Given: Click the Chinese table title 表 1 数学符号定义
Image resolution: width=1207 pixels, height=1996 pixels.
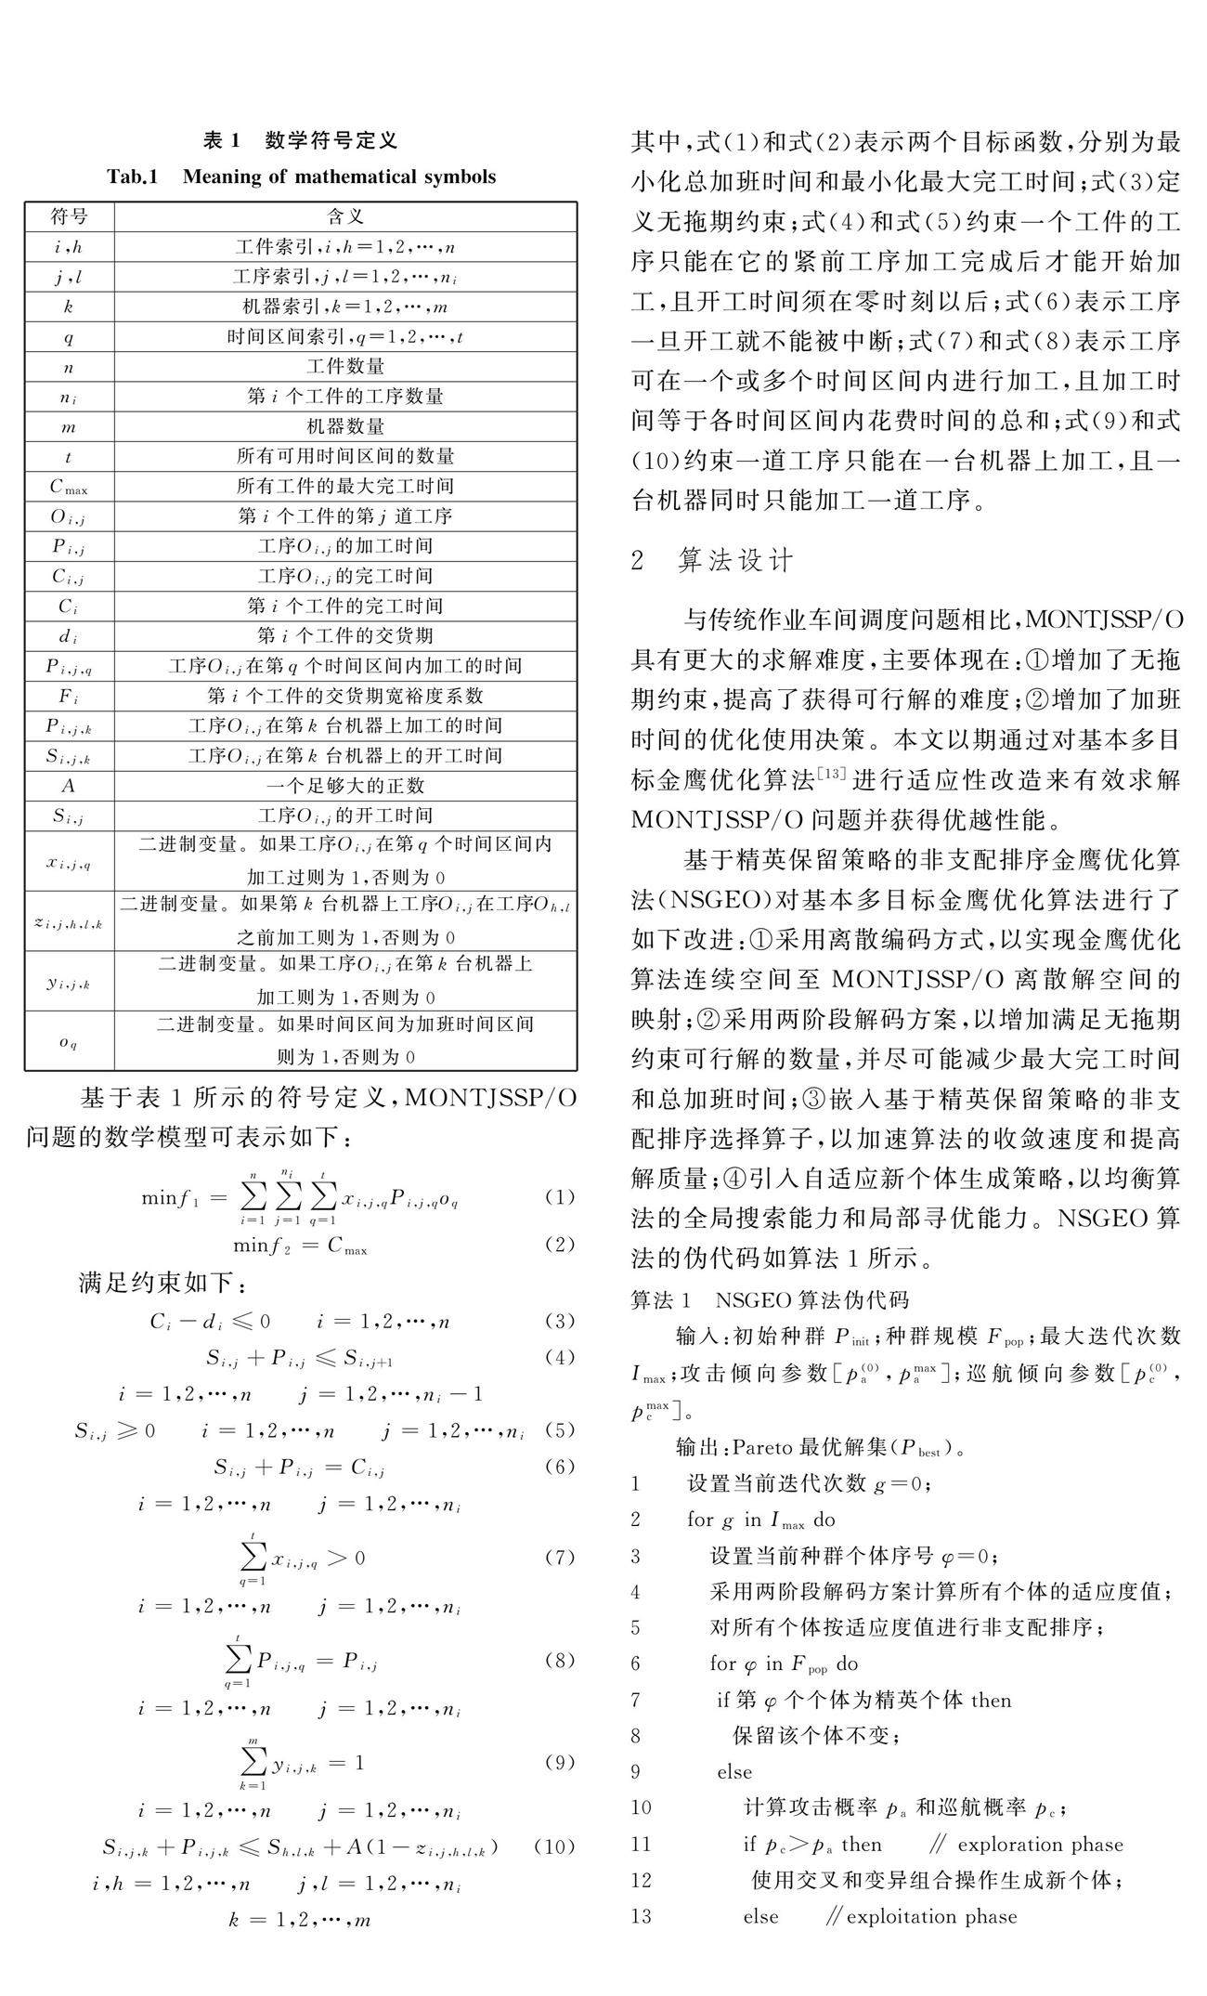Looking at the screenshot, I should (300, 140).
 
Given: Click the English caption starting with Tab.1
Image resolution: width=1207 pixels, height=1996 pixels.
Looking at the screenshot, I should (301, 176).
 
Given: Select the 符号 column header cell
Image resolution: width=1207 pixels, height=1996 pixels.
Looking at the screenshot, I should (70, 217).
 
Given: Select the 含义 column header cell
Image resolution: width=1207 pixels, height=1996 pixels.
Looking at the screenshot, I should (345, 217).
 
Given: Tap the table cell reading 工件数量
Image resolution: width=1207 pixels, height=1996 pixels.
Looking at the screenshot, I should (345, 367).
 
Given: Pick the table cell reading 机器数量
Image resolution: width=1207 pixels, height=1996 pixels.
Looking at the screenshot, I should (345, 426).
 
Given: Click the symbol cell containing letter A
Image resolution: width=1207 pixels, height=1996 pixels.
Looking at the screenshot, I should (70, 786).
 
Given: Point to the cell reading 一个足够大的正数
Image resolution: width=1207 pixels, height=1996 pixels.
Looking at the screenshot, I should (345, 786).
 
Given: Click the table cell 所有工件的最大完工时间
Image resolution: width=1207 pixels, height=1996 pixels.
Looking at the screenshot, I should (345, 486).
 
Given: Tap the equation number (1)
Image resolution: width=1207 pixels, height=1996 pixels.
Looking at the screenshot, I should (559, 1197).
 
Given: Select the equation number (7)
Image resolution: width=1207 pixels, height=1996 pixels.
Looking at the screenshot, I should (559, 1558).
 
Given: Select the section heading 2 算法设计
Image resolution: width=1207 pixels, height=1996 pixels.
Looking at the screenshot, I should (712, 560).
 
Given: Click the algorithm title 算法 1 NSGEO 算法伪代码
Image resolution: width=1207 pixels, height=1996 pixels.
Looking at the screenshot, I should (770, 1300).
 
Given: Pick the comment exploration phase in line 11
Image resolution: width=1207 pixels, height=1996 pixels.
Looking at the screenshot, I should (1040, 1845).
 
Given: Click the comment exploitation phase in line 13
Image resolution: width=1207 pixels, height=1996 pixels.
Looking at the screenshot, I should (931, 1916).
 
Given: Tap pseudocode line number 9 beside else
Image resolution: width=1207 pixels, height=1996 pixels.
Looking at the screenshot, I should (636, 1772).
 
